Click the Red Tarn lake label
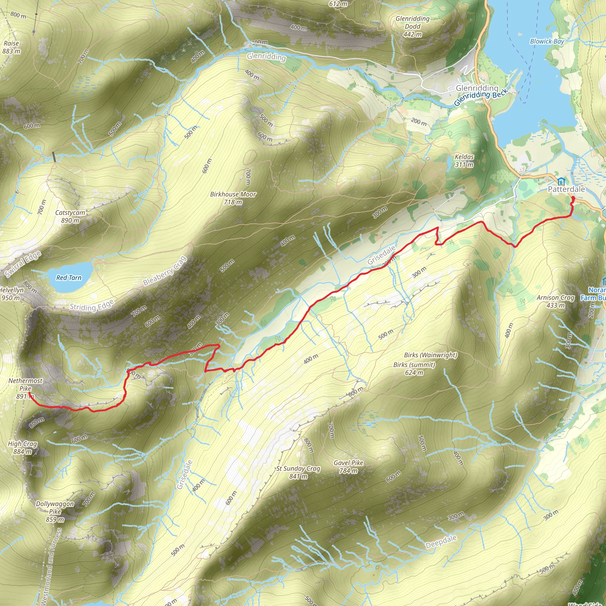[x=69, y=278]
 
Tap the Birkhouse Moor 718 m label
[x=233, y=198]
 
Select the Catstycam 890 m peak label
[x=70, y=216]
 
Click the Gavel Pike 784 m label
[x=348, y=466]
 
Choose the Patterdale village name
[x=566, y=189]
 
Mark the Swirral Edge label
[x=23, y=264]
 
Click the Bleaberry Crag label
[x=165, y=271]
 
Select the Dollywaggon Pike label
[x=55, y=511]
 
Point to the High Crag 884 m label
[x=22, y=448]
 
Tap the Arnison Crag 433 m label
[x=555, y=301]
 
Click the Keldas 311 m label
[x=464, y=161]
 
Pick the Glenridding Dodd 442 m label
[x=412, y=26]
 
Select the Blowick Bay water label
[x=547, y=41]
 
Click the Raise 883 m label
[x=11, y=47]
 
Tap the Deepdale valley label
[x=441, y=542]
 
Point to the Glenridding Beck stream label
[x=481, y=98]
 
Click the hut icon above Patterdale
[x=561, y=181]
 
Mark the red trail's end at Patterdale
[x=573, y=198]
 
